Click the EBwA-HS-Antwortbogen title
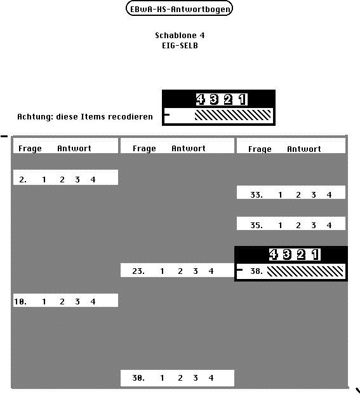(179, 8)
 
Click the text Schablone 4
(180, 36)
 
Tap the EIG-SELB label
(180, 46)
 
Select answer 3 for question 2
(77, 180)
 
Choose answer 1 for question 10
(44, 301)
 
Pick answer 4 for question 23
(211, 271)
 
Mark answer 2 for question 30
(180, 377)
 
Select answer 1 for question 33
(280, 195)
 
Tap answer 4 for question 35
(329, 226)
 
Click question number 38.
(257, 271)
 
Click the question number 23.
(138, 271)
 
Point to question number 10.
(20, 301)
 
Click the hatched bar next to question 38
(305, 271)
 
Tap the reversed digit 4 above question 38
(273, 254)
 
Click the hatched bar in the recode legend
(232, 115)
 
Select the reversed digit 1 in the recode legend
(243, 100)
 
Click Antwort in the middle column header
(189, 148)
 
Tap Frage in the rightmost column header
(260, 149)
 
